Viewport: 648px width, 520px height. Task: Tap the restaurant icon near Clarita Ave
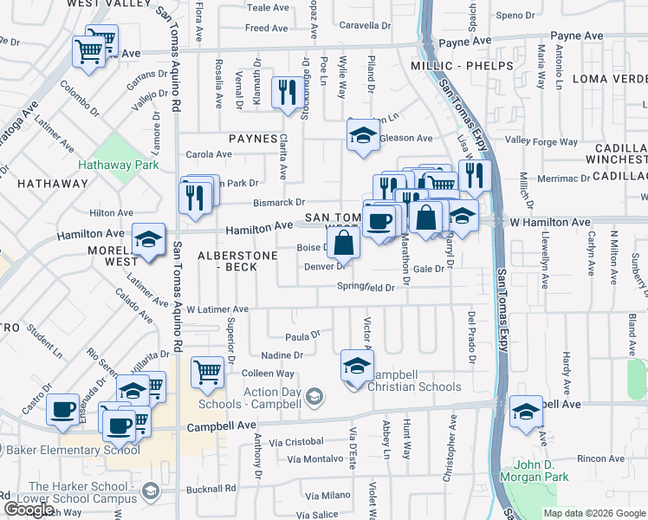287,92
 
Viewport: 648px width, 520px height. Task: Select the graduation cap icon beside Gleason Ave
364,135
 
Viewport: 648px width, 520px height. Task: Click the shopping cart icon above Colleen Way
207,372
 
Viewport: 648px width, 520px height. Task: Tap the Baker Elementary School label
73,450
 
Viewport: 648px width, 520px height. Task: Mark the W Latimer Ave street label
217,309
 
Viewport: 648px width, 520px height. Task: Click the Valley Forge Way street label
541,140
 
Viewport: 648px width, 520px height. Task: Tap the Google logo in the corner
29,509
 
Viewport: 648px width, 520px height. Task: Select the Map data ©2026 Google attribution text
594,513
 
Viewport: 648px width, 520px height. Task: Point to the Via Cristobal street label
295,442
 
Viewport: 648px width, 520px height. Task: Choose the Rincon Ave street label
601,458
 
